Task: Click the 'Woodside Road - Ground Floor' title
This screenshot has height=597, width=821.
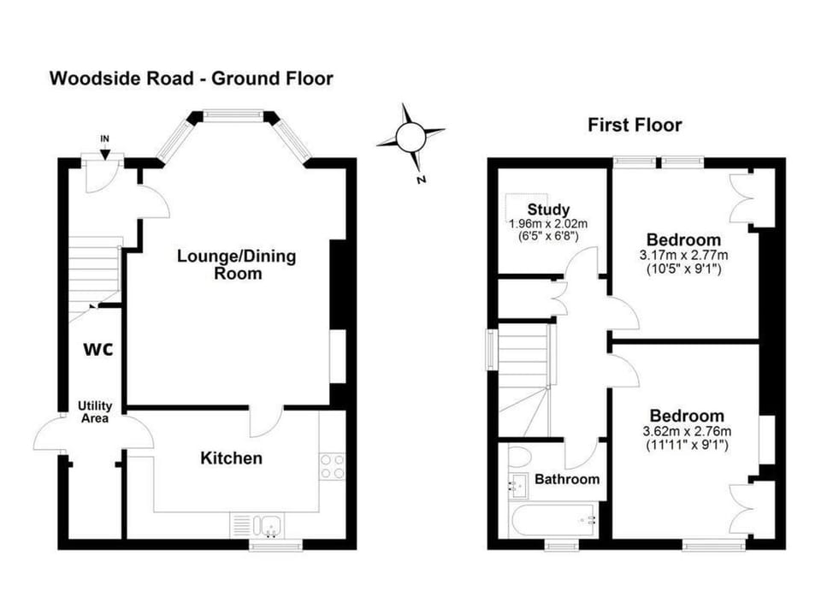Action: (x=191, y=79)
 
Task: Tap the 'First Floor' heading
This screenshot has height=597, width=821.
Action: (x=635, y=125)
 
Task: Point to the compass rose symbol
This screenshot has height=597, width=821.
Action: (x=410, y=138)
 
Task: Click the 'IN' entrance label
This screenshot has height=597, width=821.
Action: (x=104, y=139)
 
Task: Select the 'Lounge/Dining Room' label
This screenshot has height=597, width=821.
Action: (x=237, y=264)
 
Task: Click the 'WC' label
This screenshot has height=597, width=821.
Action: (x=98, y=350)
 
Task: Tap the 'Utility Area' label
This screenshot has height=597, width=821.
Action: (x=95, y=412)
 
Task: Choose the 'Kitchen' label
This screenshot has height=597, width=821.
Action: (x=231, y=458)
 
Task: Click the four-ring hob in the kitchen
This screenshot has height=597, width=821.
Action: (x=332, y=467)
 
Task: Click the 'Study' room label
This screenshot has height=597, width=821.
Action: (x=548, y=210)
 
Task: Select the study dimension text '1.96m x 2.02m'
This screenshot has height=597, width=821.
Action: (x=548, y=224)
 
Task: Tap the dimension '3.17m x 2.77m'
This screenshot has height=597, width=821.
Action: (x=684, y=256)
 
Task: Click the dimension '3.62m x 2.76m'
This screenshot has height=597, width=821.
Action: (x=687, y=432)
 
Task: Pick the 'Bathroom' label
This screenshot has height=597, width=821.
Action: (x=567, y=479)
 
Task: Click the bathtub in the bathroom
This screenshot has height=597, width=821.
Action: (x=552, y=520)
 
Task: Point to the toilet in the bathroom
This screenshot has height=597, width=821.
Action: (x=519, y=458)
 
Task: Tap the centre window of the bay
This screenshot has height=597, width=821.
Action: (x=233, y=115)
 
